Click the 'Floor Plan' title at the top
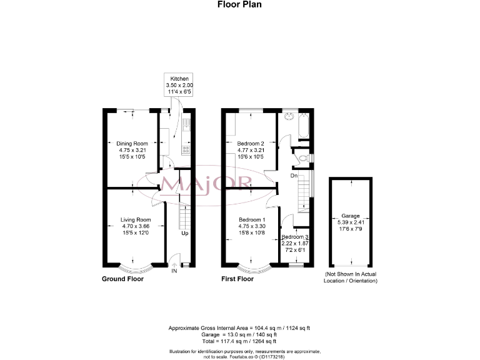pyautogui.click(x=239, y=4)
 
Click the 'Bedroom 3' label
pyautogui.click(x=295, y=237)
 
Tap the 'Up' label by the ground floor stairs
pyautogui.click(x=184, y=234)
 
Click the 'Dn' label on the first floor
pyautogui.click(x=293, y=176)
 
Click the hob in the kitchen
pyautogui.click(x=186, y=149)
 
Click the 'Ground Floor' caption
pyautogui.click(x=122, y=279)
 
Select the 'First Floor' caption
pyautogui.click(x=237, y=279)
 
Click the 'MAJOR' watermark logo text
pyautogui.click(x=207, y=184)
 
